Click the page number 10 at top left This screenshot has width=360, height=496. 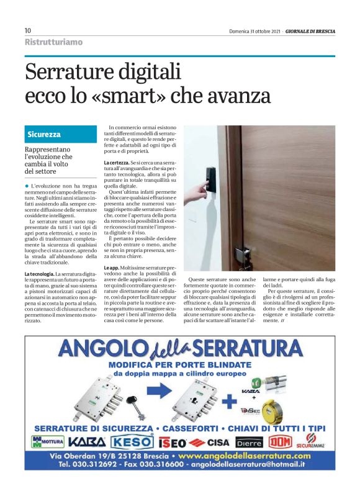coord(28,30)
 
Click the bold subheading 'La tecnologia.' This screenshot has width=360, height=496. coord(38,274)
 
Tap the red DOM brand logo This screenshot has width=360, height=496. coord(279,441)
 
